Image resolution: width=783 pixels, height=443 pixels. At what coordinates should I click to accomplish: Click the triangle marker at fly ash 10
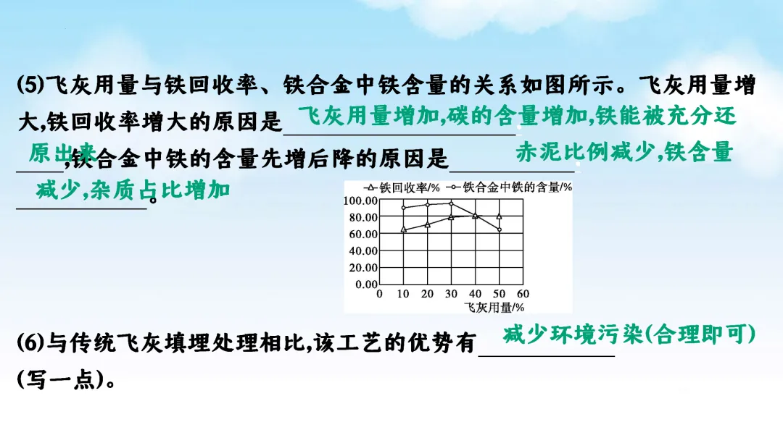404,229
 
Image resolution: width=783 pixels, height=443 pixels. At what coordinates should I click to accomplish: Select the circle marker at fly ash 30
451,203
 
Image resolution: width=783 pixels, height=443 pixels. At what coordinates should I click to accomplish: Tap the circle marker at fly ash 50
499,229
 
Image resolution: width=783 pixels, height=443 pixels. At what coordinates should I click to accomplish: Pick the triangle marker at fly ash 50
499,216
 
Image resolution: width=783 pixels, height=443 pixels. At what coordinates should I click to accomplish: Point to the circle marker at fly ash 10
404,208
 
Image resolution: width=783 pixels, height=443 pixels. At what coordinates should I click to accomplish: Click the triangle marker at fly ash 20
428,224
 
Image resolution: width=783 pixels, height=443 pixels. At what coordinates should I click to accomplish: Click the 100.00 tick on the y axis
360,201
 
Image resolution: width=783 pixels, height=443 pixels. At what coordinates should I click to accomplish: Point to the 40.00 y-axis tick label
360,250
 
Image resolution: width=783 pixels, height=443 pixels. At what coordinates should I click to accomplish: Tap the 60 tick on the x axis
523,294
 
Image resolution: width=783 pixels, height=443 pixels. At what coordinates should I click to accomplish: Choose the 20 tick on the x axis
428,294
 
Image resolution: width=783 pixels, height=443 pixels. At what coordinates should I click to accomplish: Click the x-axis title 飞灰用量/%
494,307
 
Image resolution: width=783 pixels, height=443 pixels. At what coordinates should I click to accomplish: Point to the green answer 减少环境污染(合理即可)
629,334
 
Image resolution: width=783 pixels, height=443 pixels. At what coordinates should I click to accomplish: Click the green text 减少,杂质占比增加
133,190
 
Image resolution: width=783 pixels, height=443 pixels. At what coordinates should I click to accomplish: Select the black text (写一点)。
65,381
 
